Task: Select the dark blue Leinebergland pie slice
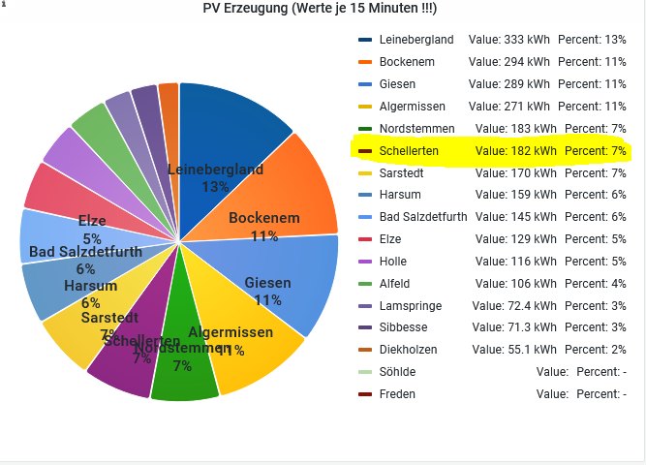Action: tap(232, 126)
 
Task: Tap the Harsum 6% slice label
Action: tap(90, 294)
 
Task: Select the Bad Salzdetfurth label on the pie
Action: tap(85, 253)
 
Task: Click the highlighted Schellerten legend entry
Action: tap(490, 151)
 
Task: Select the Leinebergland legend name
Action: tap(416, 40)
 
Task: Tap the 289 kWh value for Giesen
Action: tap(508, 84)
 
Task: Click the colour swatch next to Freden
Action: tap(365, 394)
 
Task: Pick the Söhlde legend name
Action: tap(397, 372)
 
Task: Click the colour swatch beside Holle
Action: tap(365, 261)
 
